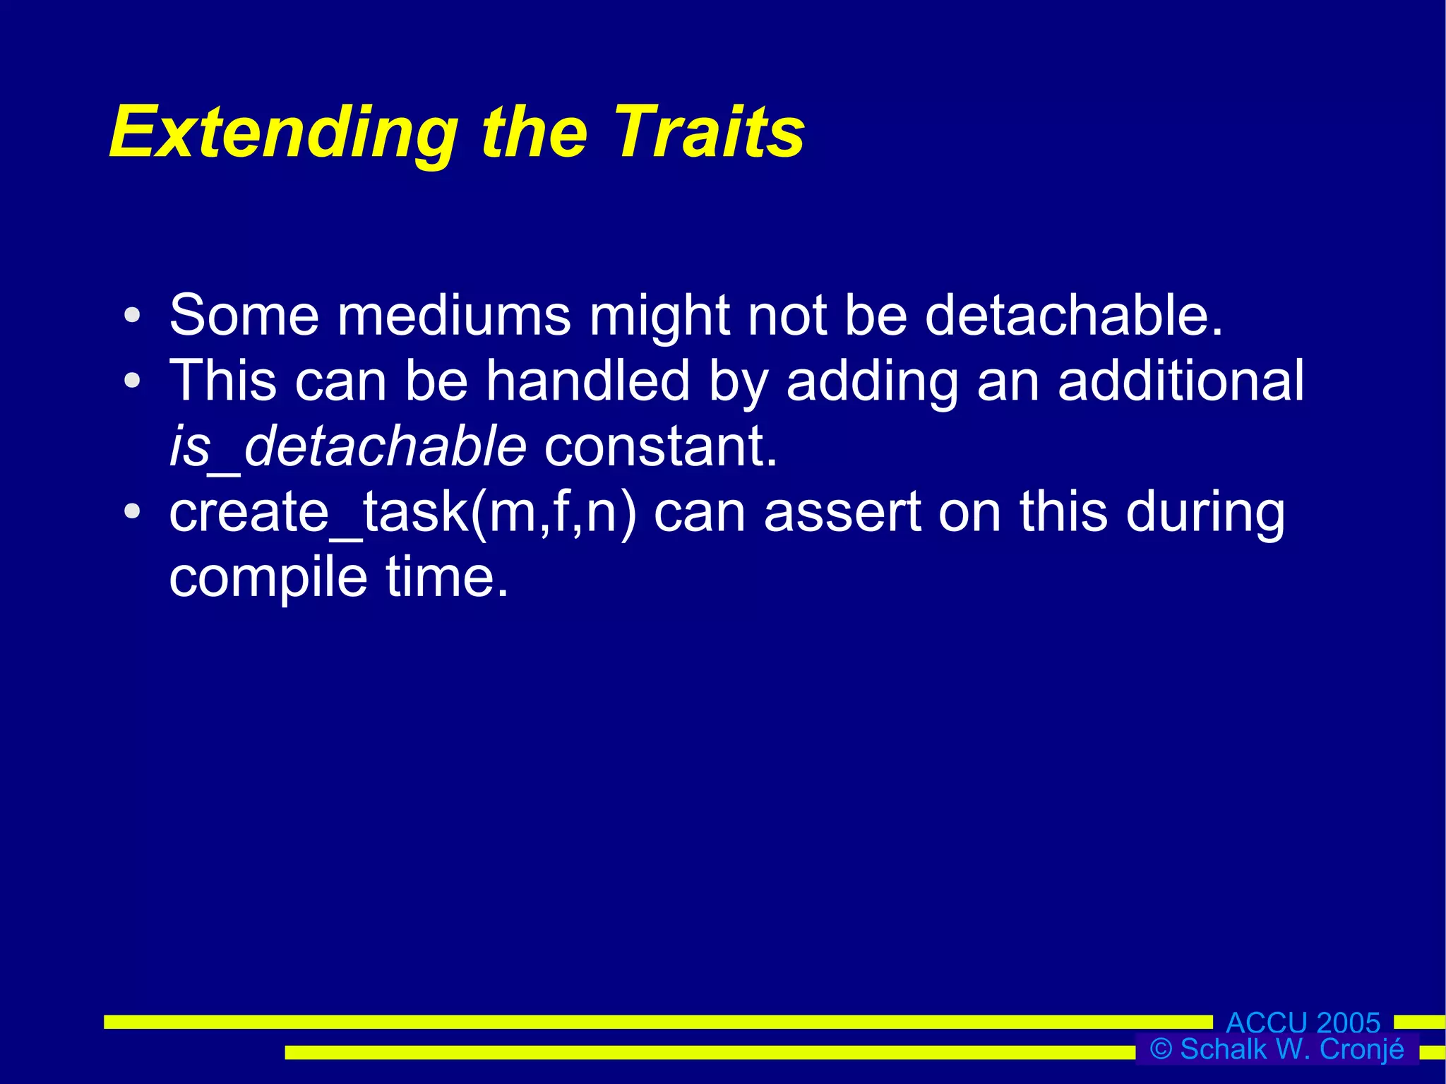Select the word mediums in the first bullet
pyautogui.click(x=454, y=315)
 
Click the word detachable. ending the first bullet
pyautogui.click(x=1073, y=315)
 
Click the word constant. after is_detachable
pyautogui.click(x=661, y=447)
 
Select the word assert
pyautogui.click(x=842, y=513)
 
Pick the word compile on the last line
pyautogui.click(x=268, y=578)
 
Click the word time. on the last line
pyautogui.click(x=447, y=578)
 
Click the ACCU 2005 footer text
pyautogui.click(x=1303, y=1023)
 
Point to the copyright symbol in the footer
pyautogui.click(x=1161, y=1049)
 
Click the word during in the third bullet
pyautogui.click(x=1205, y=513)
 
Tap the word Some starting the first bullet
pyautogui.click(x=244, y=315)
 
